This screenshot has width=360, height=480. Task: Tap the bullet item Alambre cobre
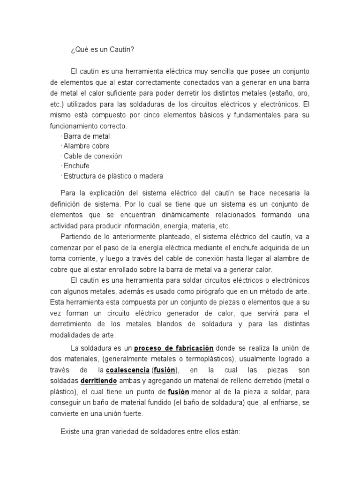pos(87,146)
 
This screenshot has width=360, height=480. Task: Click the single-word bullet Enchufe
pos(76,166)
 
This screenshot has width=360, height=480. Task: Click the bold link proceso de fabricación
pos(174,348)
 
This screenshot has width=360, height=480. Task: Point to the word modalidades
pos(73,335)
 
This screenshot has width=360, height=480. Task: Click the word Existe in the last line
pos(70,431)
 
